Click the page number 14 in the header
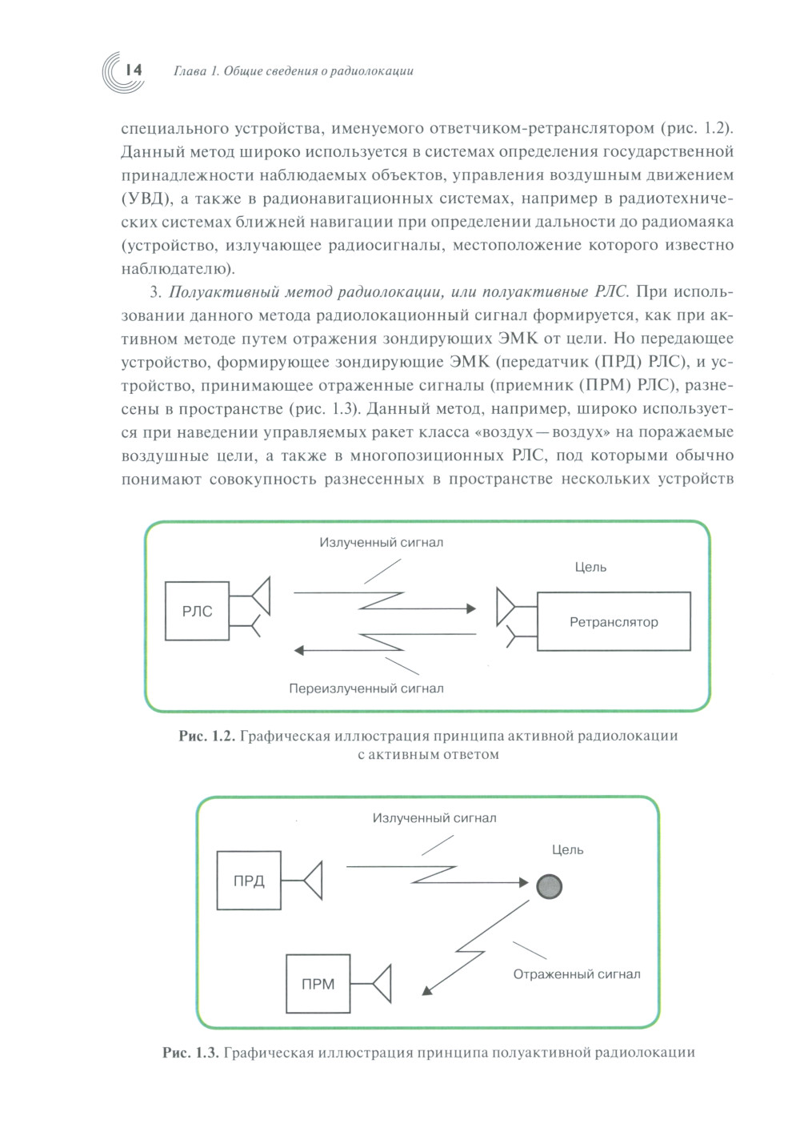[134, 70]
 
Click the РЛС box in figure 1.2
[197, 611]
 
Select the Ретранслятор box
[614, 621]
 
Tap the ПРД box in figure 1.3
[249, 881]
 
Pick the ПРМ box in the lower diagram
[318, 984]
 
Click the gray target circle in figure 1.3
[549, 886]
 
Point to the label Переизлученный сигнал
[366, 688]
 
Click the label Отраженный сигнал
[576, 973]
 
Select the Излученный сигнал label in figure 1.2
[381, 542]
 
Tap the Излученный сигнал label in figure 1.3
[434, 817]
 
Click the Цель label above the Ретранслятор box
[590, 567]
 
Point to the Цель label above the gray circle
[567, 849]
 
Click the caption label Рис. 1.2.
[206, 736]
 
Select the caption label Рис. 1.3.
[190, 1052]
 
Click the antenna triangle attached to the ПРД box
[314, 881]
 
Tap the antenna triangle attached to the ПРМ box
[382, 984]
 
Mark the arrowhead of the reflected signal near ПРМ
[427, 989]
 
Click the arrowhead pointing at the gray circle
[524, 883]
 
